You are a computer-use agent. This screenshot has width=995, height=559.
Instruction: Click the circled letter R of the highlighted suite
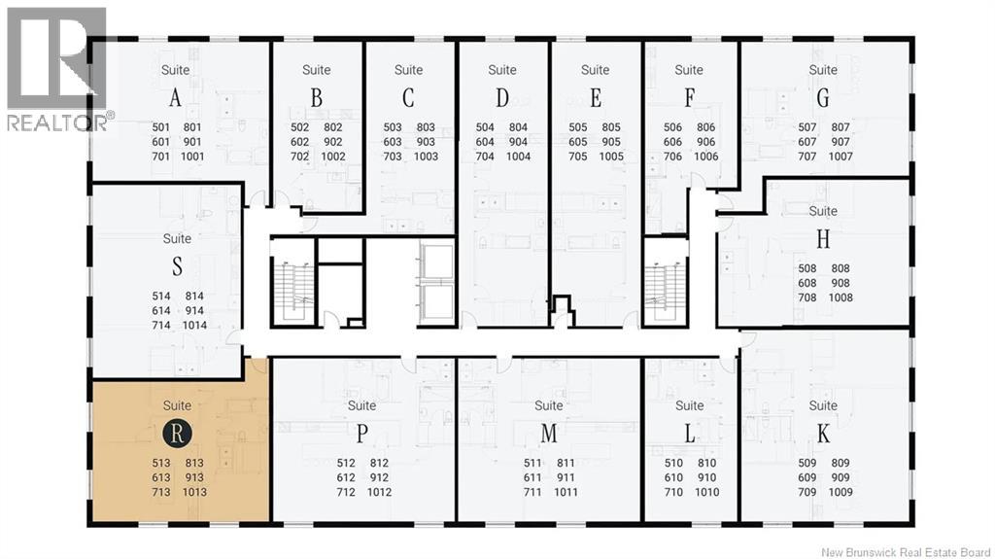pyautogui.click(x=177, y=433)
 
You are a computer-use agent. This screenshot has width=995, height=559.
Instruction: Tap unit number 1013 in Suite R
pyautogui.click(x=194, y=492)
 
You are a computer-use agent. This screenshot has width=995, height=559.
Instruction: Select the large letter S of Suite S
pyautogui.click(x=177, y=265)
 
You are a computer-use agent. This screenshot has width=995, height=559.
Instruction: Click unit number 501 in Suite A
pyautogui.click(x=161, y=127)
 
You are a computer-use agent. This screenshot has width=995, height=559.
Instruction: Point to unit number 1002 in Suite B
pyautogui.click(x=333, y=157)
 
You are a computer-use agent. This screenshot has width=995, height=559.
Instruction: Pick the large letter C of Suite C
pyautogui.click(x=408, y=98)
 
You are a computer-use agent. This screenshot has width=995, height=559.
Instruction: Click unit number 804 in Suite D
pyautogui.click(x=518, y=127)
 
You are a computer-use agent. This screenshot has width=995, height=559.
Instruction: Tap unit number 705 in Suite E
pyautogui.click(x=578, y=157)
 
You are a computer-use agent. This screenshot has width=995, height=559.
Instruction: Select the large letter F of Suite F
pyautogui.click(x=689, y=98)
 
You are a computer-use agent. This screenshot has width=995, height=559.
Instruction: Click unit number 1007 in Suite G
pyautogui.click(x=841, y=157)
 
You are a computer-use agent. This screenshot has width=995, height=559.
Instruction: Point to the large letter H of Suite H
pyautogui.click(x=823, y=239)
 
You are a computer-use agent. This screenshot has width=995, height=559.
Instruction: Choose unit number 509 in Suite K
pyautogui.click(x=807, y=463)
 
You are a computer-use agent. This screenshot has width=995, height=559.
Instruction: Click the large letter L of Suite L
pyautogui.click(x=690, y=434)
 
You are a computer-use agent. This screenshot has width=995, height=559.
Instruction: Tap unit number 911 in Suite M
pyautogui.click(x=566, y=477)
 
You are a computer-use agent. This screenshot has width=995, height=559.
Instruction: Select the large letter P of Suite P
pyautogui.click(x=361, y=434)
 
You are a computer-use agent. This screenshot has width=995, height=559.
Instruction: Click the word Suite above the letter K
pyautogui.click(x=823, y=405)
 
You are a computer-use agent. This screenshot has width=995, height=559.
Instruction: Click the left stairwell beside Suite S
pyautogui.click(x=293, y=283)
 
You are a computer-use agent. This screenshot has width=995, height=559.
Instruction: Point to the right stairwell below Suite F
pyautogui.click(x=666, y=283)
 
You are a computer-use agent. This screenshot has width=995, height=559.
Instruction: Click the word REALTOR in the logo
pyautogui.click(x=55, y=122)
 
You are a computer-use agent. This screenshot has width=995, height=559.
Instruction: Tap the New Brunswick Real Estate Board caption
pyautogui.click(x=906, y=552)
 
